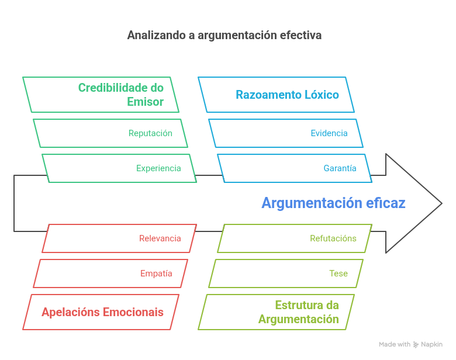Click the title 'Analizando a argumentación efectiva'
click(x=224, y=35)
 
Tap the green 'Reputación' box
click(x=110, y=133)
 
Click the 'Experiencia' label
click(x=158, y=168)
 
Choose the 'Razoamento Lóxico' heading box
click(x=276, y=95)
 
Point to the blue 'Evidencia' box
click(x=286, y=133)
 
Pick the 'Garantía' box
click(x=340, y=168)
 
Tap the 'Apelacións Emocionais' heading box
click(x=101, y=312)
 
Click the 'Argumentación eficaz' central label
click(x=333, y=203)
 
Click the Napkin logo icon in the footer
click(x=416, y=345)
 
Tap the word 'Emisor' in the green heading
click(x=145, y=102)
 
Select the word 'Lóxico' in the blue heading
click(x=319, y=95)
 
